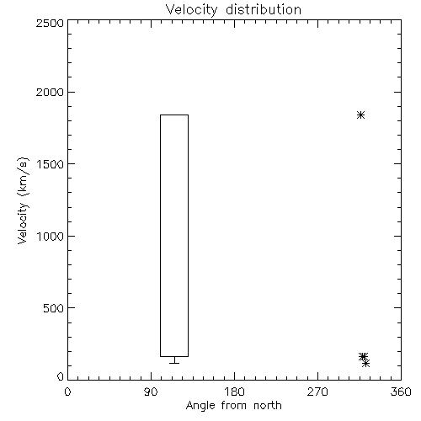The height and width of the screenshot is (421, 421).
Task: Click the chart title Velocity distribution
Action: point(233,9)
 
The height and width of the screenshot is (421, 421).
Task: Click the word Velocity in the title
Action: point(192,10)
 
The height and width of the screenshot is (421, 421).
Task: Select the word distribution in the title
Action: point(264,9)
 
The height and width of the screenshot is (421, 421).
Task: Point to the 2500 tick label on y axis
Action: point(50,23)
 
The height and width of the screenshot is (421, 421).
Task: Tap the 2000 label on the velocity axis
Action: point(50,92)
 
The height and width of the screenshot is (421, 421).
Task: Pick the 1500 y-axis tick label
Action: point(51,164)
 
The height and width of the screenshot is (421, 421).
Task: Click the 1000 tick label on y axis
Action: point(51,236)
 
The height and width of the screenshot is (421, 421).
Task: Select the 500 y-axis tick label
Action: point(54,308)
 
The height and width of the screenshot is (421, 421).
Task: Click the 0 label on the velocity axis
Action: point(61,376)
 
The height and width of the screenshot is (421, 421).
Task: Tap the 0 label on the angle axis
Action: point(67,392)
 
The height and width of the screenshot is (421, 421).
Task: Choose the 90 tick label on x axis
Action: point(151,392)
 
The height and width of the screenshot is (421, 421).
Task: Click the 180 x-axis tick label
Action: point(235,392)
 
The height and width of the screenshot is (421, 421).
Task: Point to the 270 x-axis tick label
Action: point(317,392)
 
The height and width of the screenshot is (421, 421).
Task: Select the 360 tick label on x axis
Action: point(401,392)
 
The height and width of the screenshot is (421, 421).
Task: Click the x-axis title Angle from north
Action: point(234,406)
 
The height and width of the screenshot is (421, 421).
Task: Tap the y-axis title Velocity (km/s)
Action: point(23,200)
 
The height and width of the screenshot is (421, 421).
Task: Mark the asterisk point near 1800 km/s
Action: point(360,115)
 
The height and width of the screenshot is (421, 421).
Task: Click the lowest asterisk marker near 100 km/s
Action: point(365,364)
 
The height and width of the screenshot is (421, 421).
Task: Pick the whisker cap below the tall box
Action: point(174,363)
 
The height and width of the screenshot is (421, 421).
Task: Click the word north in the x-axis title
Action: point(268,405)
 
